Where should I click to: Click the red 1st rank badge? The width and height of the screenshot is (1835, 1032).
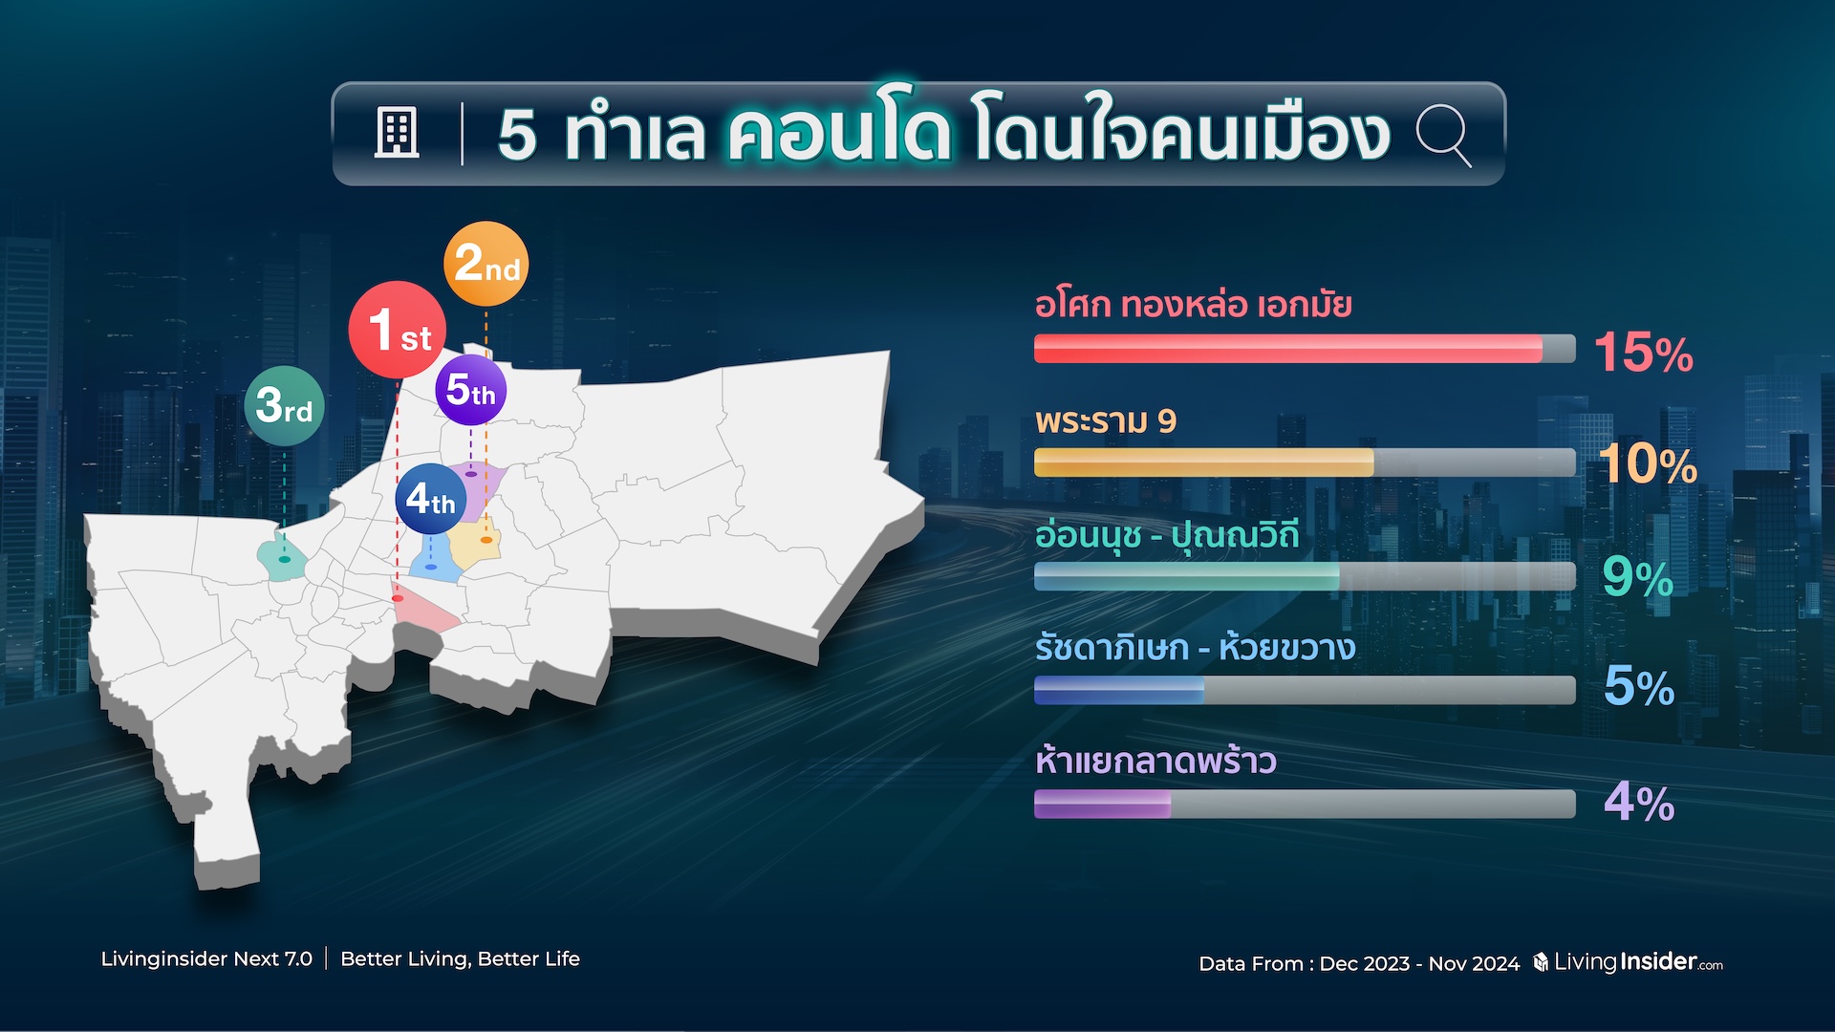397,330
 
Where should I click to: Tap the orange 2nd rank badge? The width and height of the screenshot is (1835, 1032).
486,264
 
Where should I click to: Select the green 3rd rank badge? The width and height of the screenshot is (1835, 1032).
285,406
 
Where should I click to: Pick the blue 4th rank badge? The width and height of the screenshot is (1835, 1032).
430,499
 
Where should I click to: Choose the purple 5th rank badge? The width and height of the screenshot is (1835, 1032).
471,390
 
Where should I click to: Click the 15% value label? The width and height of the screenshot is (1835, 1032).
1644,352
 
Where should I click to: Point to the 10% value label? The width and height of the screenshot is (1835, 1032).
1648,464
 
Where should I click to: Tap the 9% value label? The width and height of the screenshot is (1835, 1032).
1638,577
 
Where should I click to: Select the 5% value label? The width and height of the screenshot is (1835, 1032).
1639,686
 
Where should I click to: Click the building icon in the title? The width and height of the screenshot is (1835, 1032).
397,133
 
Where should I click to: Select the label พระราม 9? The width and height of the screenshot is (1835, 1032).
1106,420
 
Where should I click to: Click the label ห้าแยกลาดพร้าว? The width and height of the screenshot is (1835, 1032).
1155,761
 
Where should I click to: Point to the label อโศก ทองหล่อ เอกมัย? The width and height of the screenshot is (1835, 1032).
1194,305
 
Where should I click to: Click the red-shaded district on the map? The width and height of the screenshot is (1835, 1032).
426,612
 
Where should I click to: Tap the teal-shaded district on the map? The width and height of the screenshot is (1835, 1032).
282,560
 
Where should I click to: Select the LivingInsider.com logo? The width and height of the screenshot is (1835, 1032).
1629,961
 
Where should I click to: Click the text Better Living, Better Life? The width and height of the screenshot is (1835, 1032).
460,958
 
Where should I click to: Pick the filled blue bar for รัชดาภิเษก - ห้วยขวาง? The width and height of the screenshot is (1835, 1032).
1119,690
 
